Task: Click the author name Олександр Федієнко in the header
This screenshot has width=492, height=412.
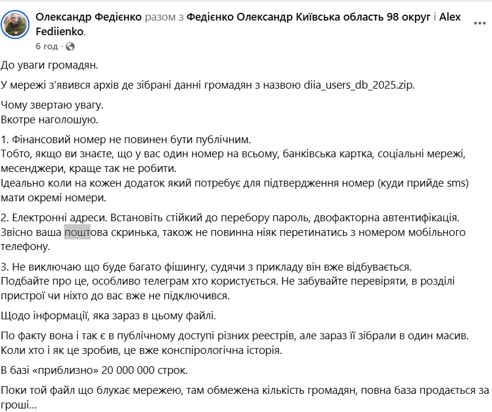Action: [x=89, y=17]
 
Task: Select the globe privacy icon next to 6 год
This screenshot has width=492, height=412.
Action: [x=70, y=46]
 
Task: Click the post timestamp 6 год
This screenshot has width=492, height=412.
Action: [x=46, y=46]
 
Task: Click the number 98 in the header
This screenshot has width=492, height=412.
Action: [x=393, y=17]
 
